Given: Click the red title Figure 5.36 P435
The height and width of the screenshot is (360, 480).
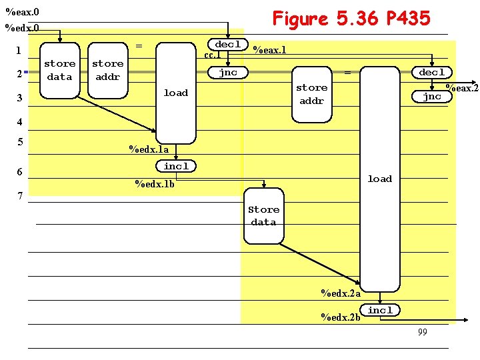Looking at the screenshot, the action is click(351, 19).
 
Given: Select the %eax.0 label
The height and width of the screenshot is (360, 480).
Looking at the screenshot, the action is click(23, 12).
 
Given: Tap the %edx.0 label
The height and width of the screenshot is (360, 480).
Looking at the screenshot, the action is click(22, 28).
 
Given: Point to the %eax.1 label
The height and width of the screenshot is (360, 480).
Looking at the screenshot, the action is click(270, 50).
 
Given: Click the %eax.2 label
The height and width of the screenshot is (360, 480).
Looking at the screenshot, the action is click(462, 88).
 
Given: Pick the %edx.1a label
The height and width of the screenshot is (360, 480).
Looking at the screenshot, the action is click(149, 149).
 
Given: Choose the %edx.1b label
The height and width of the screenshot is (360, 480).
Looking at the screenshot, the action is click(155, 184).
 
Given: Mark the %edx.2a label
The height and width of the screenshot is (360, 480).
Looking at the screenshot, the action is click(341, 293).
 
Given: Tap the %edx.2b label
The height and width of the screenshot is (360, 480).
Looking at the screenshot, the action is click(341, 317).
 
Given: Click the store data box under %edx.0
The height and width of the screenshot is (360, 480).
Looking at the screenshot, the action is click(60, 71).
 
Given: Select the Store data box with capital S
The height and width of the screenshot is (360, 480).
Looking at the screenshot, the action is click(264, 216).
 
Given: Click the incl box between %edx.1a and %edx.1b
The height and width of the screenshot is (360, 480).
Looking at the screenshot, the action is click(176, 166).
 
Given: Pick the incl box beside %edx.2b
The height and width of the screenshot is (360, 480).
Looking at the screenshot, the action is click(380, 310).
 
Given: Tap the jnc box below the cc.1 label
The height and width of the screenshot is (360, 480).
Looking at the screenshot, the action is click(228, 73).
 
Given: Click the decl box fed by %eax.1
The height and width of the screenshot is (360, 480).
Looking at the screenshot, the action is click(432, 73).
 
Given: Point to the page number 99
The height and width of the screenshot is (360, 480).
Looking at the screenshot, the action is click(423, 332).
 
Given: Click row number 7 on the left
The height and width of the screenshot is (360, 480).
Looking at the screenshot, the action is click(20, 196).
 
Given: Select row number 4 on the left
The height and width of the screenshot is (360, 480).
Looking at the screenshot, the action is click(20, 122).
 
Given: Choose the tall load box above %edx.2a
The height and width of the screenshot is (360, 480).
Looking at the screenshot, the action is click(380, 179).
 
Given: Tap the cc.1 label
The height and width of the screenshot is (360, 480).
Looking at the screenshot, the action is click(213, 55).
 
